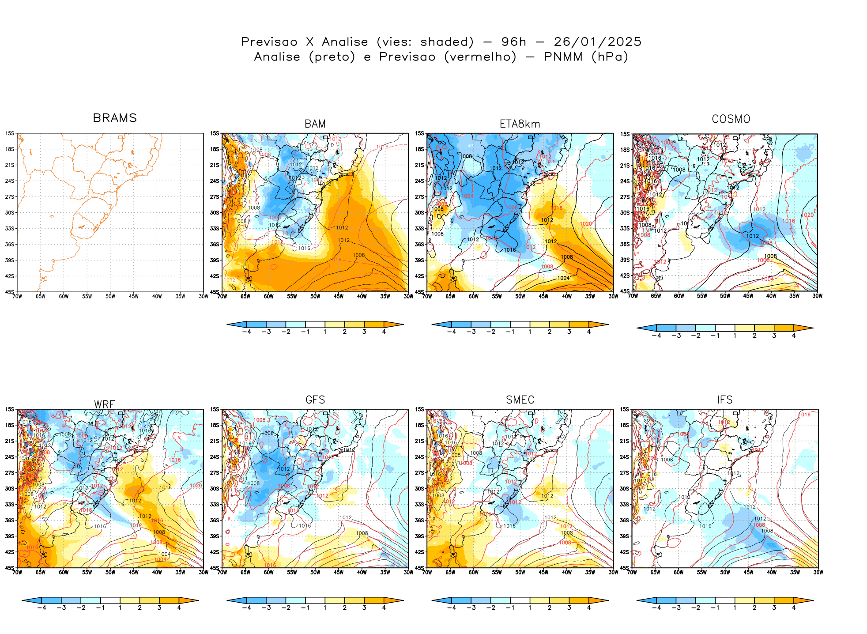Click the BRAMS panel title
(x=115, y=118)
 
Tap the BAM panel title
(x=315, y=124)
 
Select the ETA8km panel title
(x=520, y=124)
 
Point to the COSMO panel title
(x=731, y=119)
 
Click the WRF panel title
(x=105, y=404)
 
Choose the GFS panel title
(x=315, y=400)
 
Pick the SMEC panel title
(x=520, y=400)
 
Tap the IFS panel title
(x=725, y=400)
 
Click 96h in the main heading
(x=514, y=42)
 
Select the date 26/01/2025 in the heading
(x=597, y=42)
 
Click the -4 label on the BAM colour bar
(x=246, y=332)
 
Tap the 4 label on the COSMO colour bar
(x=794, y=336)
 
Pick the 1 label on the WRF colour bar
(x=120, y=608)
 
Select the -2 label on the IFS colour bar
(x=696, y=608)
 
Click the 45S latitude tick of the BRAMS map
(x=10, y=292)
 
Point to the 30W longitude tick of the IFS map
(x=818, y=572)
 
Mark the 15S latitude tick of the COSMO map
(x=625, y=134)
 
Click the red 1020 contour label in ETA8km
(x=586, y=224)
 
